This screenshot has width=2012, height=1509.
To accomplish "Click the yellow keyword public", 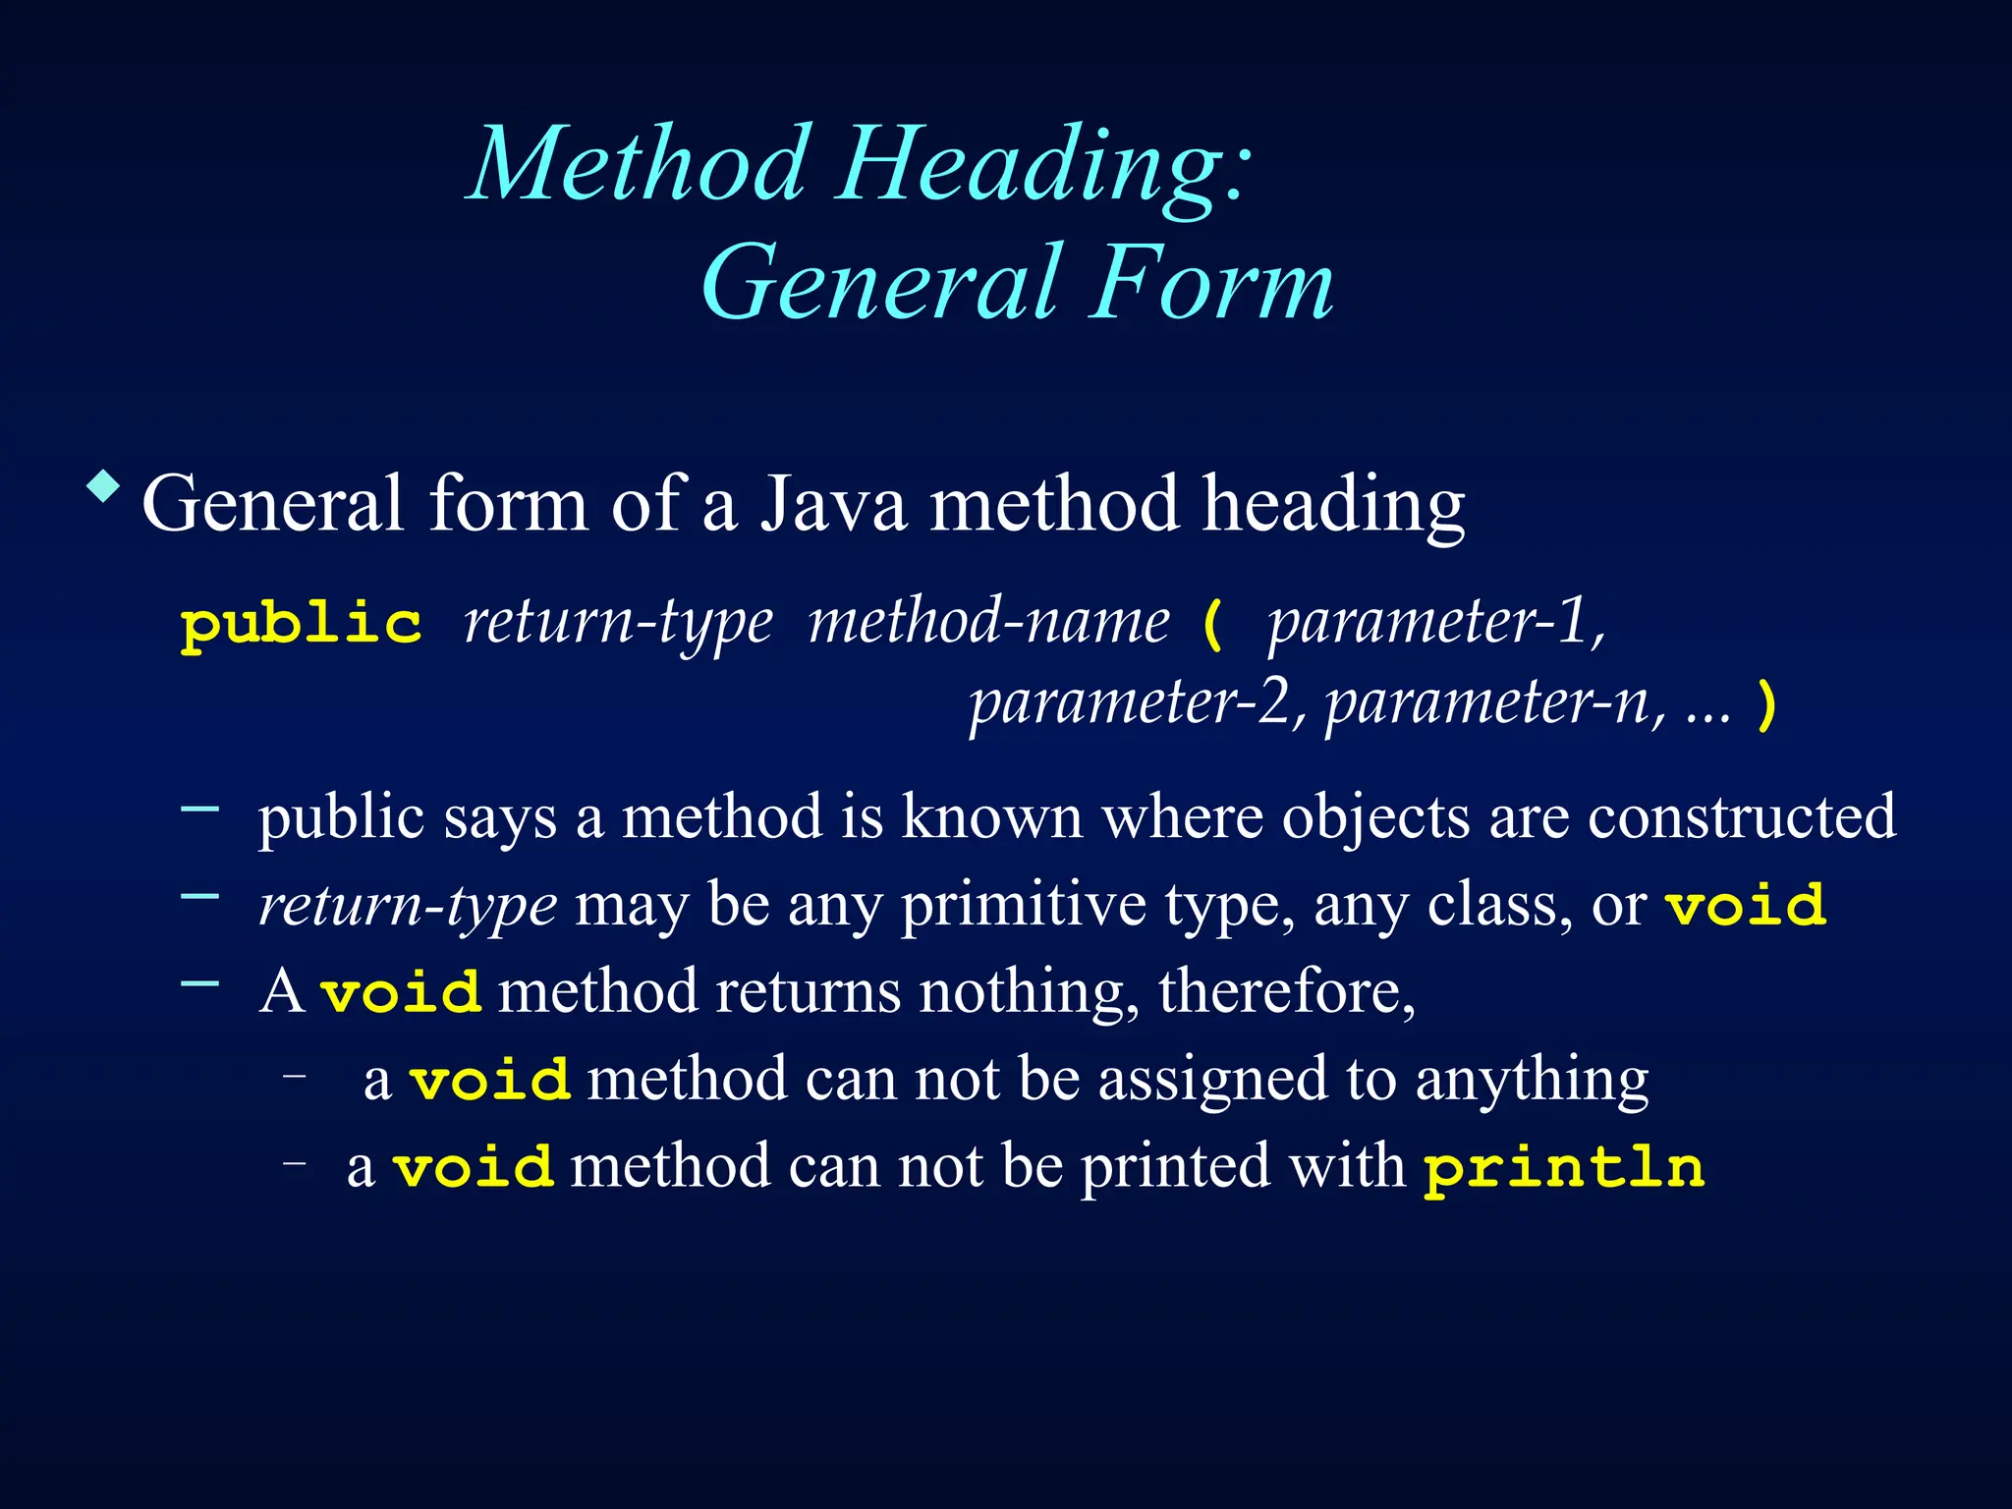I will (x=302, y=625).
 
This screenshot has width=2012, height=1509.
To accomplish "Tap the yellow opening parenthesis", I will (x=1213, y=625).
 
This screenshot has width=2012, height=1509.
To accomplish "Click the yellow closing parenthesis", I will (x=1766, y=705).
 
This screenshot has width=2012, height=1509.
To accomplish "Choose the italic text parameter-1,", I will (x=1436, y=623).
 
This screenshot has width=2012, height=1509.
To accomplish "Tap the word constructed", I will (x=1742, y=816).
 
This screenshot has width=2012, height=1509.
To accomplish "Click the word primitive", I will (x=1023, y=905).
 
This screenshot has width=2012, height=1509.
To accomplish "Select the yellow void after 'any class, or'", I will (x=1746, y=905).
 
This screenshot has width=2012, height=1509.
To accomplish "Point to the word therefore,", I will (x=1287, y=991).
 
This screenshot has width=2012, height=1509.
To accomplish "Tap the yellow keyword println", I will (x=1564, y=1168).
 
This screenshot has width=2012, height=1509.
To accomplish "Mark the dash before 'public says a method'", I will (x=200, y=808).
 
